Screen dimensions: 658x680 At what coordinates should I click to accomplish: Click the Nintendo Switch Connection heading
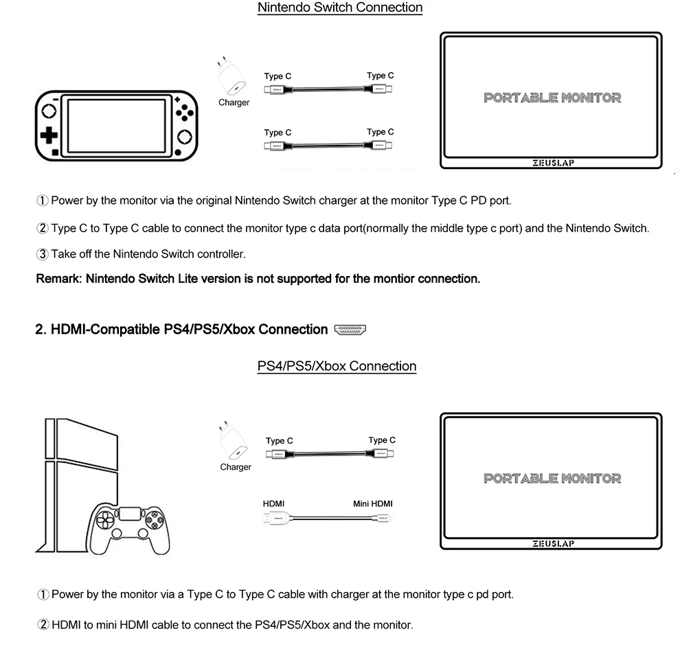tap(339, 8)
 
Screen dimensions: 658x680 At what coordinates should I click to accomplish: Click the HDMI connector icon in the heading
tap(350, 330)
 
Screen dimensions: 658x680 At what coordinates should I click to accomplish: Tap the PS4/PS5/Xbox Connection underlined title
tap(337, 366)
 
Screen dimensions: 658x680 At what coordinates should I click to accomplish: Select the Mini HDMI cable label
tap(373, 503)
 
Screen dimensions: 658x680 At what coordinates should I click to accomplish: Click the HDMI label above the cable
tap(273, 503)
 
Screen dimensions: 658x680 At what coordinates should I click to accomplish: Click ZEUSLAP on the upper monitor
tap(552, 163)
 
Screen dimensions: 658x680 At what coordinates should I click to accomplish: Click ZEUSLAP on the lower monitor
tap(553, 543)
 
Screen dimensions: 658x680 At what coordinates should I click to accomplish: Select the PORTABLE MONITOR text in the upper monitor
tap(552, 98)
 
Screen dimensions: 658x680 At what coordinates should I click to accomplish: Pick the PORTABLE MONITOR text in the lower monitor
tap(552, 478)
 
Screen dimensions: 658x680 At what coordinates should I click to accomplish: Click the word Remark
tap(58, 279)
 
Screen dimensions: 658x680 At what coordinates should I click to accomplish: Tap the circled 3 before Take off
tap(42, 254)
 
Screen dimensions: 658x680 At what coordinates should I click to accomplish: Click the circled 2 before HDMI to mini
tap(43, 625)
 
